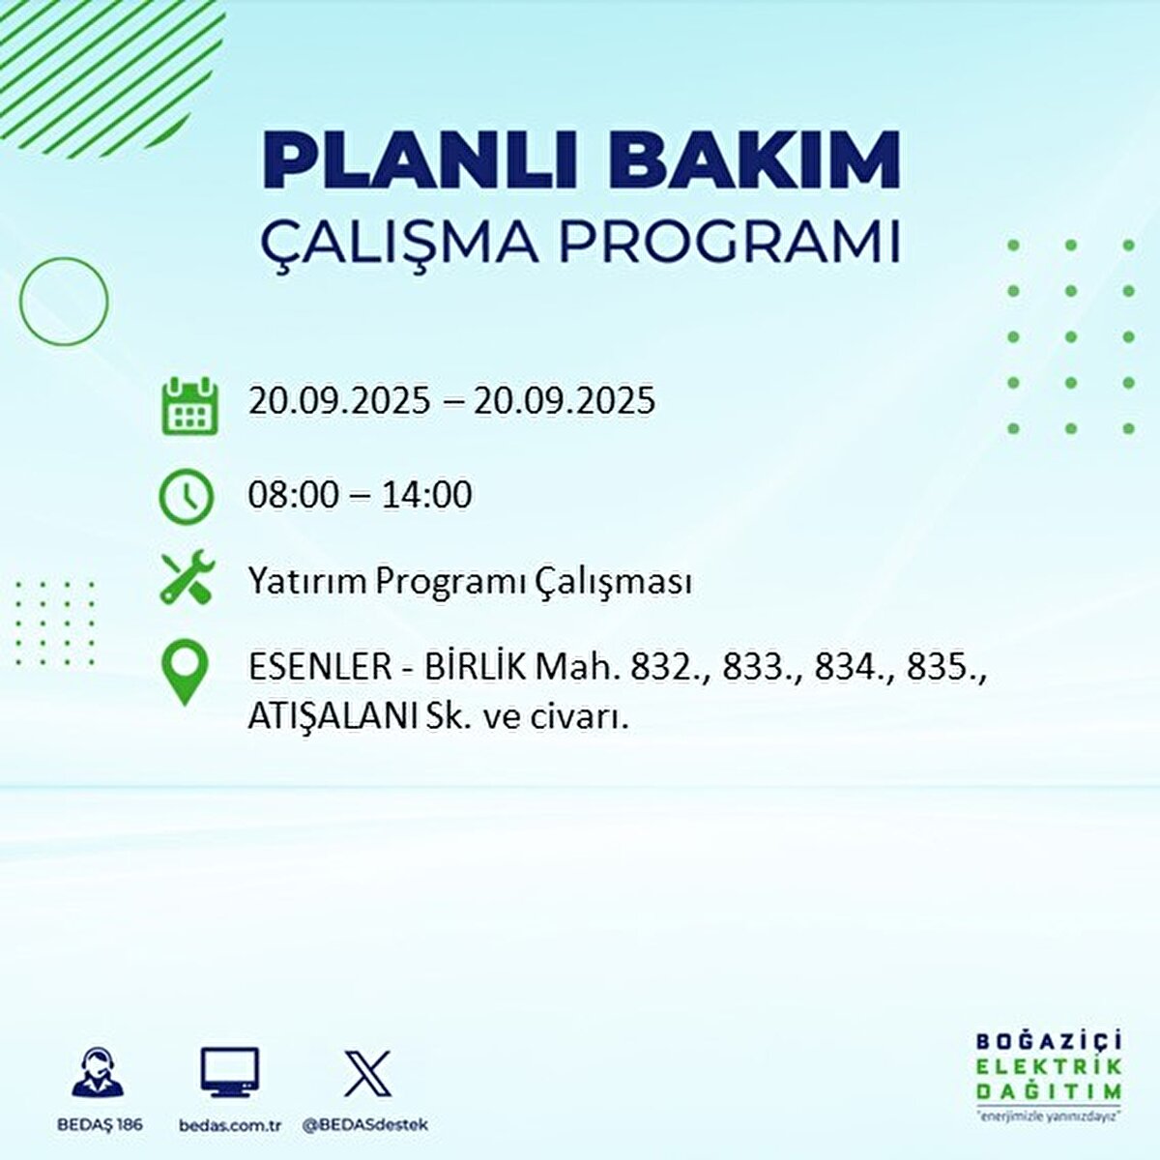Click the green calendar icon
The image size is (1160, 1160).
[189, 406]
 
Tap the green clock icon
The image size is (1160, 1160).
[186, 497]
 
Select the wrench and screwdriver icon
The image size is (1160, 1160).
[188, 577]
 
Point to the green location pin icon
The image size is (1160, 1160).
[185, 672]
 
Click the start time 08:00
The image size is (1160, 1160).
[293, 495]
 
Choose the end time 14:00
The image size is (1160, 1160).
[427, 495]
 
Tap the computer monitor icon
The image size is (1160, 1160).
[229, 1072]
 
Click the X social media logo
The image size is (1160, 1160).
[367, 1074]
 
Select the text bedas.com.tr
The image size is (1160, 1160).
[230, 1125]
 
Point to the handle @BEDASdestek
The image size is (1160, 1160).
[365, 1125]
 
